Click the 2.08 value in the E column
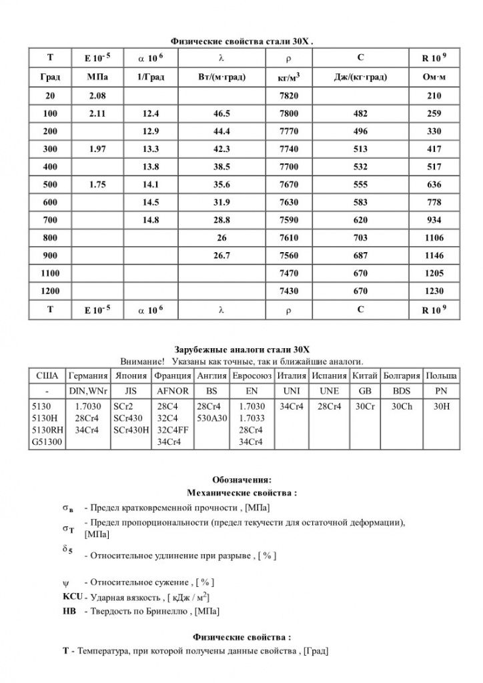click(x=97, y=95)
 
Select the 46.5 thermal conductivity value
click(x=221, y=113)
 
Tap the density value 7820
click(x=288, y=95)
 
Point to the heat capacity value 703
click(x=361, y=237)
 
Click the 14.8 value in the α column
click(x=151, y=219)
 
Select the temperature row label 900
click(x=50, y=255)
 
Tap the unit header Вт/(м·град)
click(x=221, y=77)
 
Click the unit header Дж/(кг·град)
click(x=361, y=77)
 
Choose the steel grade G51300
click(x=47, y=442)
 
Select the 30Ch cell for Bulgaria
click(x=402, y=406)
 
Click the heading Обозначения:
click(x=241, y=480)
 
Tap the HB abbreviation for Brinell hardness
click(x=69, y=611)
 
